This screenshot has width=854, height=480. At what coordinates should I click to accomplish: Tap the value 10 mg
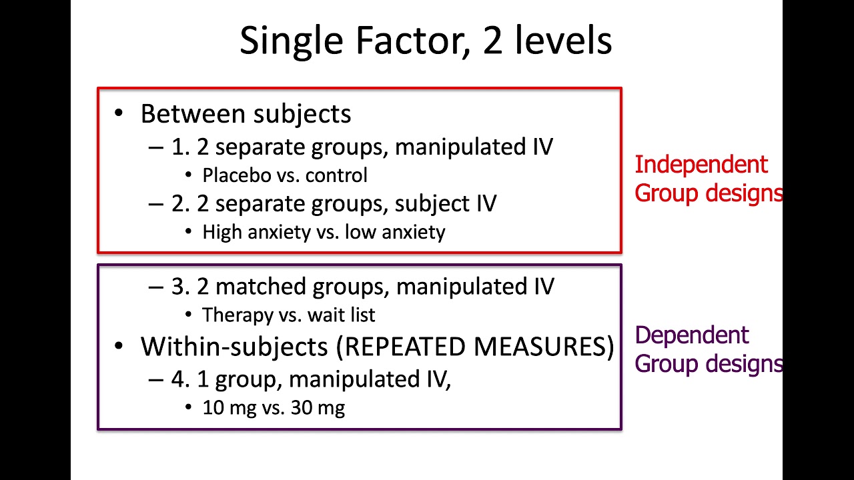click(225, 407)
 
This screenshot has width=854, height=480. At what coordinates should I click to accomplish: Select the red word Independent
click(701, 165)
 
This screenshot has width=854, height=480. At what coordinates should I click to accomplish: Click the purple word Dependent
click(692, 335)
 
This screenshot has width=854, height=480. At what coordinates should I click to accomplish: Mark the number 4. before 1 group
click(181, 379)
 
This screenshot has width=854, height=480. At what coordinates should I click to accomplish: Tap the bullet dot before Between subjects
click(119, 113)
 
